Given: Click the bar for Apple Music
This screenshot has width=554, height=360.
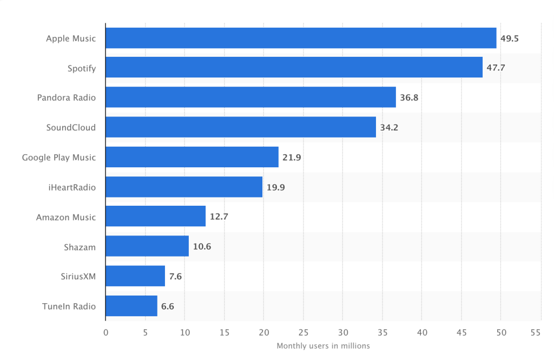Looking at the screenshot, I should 301,38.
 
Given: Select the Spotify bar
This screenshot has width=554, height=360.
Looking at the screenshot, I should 294,68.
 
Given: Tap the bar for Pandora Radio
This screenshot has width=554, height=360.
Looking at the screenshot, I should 250,98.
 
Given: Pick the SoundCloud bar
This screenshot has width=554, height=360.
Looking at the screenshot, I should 241,128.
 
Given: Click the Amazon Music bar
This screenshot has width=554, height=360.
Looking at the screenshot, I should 156,217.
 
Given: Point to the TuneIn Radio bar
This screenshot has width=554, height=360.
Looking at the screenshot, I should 131,306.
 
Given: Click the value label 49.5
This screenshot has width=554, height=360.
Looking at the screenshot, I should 510,38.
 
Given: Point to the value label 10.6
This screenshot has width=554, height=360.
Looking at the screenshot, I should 202,247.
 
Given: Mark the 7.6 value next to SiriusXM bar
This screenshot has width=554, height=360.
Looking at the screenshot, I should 175,277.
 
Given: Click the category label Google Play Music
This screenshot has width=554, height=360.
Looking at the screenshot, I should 59,158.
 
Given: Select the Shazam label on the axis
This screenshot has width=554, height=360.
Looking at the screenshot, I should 80,247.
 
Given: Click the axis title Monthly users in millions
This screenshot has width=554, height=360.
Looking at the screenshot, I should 323,346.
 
